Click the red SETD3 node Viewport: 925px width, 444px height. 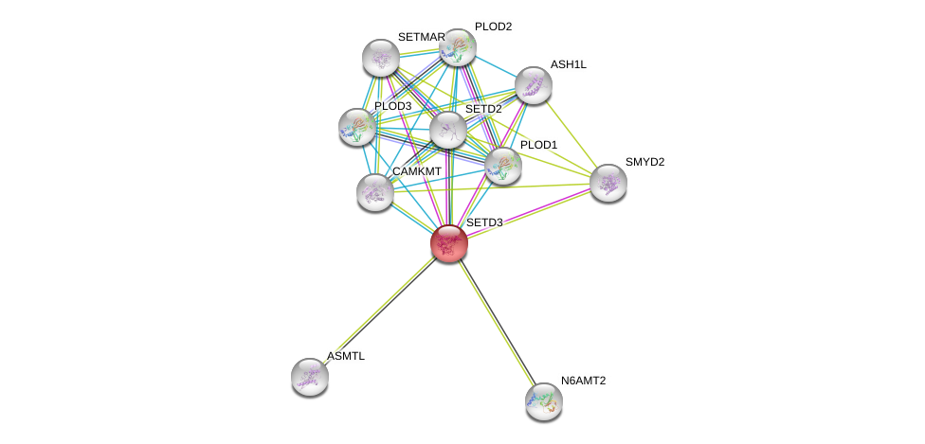click(448, 242)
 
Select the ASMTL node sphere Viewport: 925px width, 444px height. click(310, 377)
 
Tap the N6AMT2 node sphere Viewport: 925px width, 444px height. click(544, 400)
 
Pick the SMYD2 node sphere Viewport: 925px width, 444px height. click(608, 182)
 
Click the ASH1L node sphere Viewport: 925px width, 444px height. click(534, 85)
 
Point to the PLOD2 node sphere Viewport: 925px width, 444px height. click(457, 47)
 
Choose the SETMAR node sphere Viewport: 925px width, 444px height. click(381, 58)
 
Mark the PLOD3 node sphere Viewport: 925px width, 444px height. click(357, 126)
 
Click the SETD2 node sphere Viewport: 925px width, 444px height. click(447, 130)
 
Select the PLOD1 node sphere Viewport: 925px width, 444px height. click(502, 165)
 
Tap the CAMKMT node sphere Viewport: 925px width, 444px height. click(375, 191)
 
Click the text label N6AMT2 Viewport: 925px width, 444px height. click(588, 381)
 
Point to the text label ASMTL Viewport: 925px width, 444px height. click(346, 356)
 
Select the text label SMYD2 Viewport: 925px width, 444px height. click(644, 162)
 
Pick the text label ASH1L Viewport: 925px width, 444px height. click(569, 64)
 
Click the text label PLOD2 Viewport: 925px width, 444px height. click(493, 27)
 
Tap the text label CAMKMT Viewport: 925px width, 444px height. click(417, 171)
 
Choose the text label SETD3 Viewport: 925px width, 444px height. click(484, 222)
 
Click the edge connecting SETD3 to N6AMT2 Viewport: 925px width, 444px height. click(496, 321)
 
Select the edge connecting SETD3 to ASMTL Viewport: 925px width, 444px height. click(379, 310)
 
